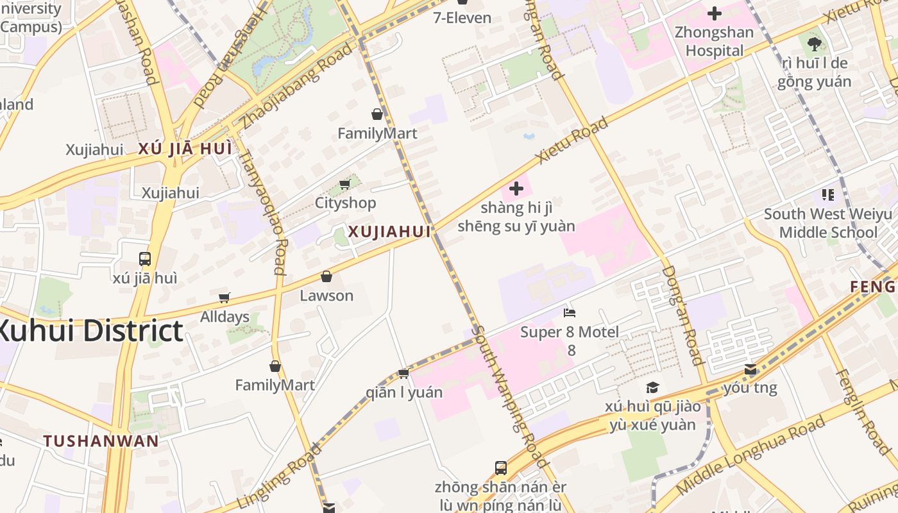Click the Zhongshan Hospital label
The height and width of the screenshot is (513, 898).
click(x=715, y=42)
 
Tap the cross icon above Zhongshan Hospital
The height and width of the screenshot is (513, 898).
click(x=714, y=13)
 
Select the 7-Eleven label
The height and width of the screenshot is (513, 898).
click(x=462, y=17)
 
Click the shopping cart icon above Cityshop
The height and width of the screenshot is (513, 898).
click(x=344, y=185)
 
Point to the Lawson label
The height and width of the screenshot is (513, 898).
click(x=326, y=296)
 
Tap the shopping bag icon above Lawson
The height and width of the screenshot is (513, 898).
click(x=326, y=276)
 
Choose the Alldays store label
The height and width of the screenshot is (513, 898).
click(x=224, y=317)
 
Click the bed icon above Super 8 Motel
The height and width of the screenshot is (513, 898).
click(x=570, y=313)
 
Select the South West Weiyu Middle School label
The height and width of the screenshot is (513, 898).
click(x=827, y=223)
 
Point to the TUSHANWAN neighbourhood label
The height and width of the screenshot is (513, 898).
click(x=101, y=441)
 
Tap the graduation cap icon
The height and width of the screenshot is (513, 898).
click(x=652, y=387)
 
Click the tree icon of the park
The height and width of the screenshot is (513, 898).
click(x=814, y=44)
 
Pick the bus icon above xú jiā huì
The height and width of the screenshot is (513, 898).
click(x=145, y=259)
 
